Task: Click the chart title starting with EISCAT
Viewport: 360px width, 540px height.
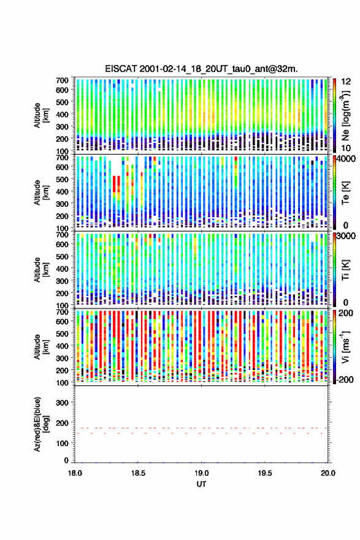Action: [201, 69]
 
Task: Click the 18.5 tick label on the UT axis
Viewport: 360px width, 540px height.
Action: [138, 473]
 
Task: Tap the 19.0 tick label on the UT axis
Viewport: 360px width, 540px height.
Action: [201, 473]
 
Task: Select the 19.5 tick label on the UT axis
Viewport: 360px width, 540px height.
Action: [265, 473]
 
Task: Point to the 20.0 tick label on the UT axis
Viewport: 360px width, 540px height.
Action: [328, 473]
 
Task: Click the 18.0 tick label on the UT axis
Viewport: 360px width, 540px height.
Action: [75, 473]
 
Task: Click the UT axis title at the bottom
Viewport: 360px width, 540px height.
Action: [201, 484]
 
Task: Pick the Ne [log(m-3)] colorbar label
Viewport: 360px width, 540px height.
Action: [345, 115]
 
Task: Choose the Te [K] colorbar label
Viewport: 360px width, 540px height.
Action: [345, 193]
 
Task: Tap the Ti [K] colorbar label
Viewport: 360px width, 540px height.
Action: [345, 269]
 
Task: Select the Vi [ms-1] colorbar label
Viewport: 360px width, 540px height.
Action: [345, 347]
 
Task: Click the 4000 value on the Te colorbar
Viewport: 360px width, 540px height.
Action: [347, 160]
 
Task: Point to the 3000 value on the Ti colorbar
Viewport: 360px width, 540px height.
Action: [347, 236]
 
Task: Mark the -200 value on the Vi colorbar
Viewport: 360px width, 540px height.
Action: [344, 379]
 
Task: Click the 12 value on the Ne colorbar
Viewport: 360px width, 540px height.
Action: [347, 82]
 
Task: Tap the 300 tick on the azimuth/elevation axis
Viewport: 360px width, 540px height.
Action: [63, 403]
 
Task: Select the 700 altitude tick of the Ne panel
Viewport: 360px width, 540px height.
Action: [63, 80]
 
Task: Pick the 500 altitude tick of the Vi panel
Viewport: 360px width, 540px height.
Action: [63, 333]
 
